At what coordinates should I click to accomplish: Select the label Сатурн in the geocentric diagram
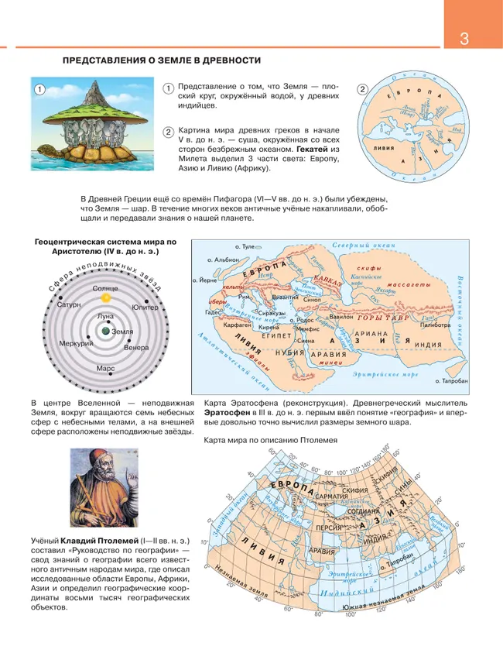tap(69, 305)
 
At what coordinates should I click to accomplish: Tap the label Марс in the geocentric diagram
tap(105, 370)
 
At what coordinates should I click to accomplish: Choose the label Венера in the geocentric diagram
tap(135, 347)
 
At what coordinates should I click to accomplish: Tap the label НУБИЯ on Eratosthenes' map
tap(290, 353)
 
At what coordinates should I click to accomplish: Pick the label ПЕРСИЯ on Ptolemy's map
tap(331, 528)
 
